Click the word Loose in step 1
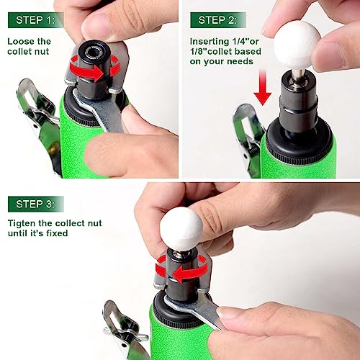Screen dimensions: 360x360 tap(22, 41)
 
